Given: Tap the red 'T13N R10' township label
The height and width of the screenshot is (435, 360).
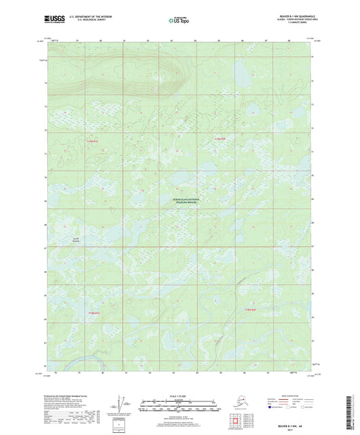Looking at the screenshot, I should (250, 309).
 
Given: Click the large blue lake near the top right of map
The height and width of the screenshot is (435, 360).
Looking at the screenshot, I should (242, 70).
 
